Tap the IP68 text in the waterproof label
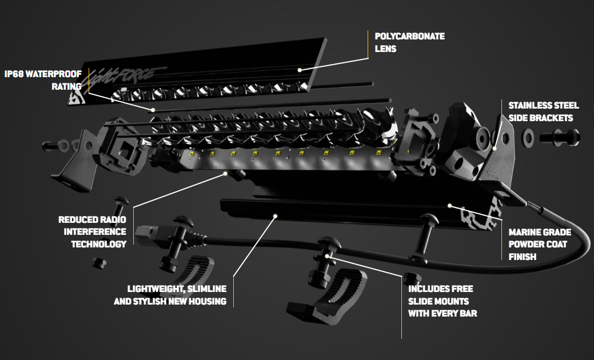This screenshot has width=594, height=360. tap(16, 74)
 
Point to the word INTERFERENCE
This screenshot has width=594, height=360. tap(95, 231)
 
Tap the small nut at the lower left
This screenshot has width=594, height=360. tap(99, 262)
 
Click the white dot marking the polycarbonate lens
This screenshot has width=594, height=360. tap(299, 69)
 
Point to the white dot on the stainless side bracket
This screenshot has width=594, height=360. tap(495, 148)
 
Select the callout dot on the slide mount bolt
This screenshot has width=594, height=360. tap(327, 257)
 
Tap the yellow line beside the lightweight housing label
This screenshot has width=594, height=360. tap(233, 291)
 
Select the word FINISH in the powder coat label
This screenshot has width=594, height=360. tap(523, 257)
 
